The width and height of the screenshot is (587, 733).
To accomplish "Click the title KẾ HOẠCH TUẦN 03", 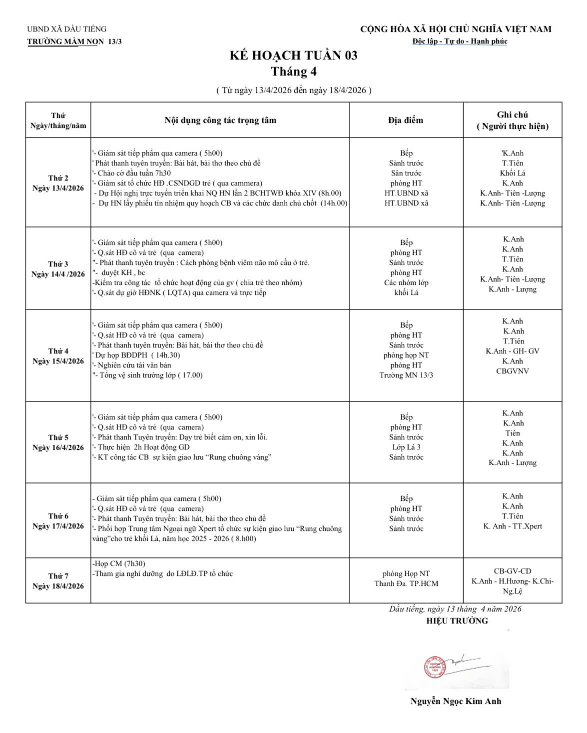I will click(x=293, y=55).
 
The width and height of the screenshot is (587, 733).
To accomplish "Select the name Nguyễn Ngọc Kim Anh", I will click(x=456, y=701).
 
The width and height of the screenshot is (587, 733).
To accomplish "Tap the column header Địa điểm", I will click(x=406, y=120).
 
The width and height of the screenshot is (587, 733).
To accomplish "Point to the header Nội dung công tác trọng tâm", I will click(x=220, y=120).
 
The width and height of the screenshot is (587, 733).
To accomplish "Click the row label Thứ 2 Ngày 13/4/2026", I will click(x=58, y=183).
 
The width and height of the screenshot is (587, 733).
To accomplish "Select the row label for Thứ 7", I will click(x=58, y=581).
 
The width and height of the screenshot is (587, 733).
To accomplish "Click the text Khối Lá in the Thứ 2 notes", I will click(x=513, y=173).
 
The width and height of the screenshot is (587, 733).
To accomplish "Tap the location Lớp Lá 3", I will click(x=406, y=447).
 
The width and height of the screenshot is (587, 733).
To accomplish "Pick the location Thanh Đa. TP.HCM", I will click(x=406, y=583).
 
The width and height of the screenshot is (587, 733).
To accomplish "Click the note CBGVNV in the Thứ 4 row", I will click(x=513, y=371).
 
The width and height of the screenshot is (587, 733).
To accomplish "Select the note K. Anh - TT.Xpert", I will click(x=513, y=526).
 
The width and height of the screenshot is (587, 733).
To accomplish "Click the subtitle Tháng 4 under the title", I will click(x=294, y=72).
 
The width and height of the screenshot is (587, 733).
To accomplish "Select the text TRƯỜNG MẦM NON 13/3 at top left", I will click(x=74, y=41).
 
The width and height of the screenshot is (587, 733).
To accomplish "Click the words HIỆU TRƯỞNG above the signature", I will click(x=457, y=621).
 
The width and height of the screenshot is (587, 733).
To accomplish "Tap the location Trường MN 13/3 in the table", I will click(x=406, y=375).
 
